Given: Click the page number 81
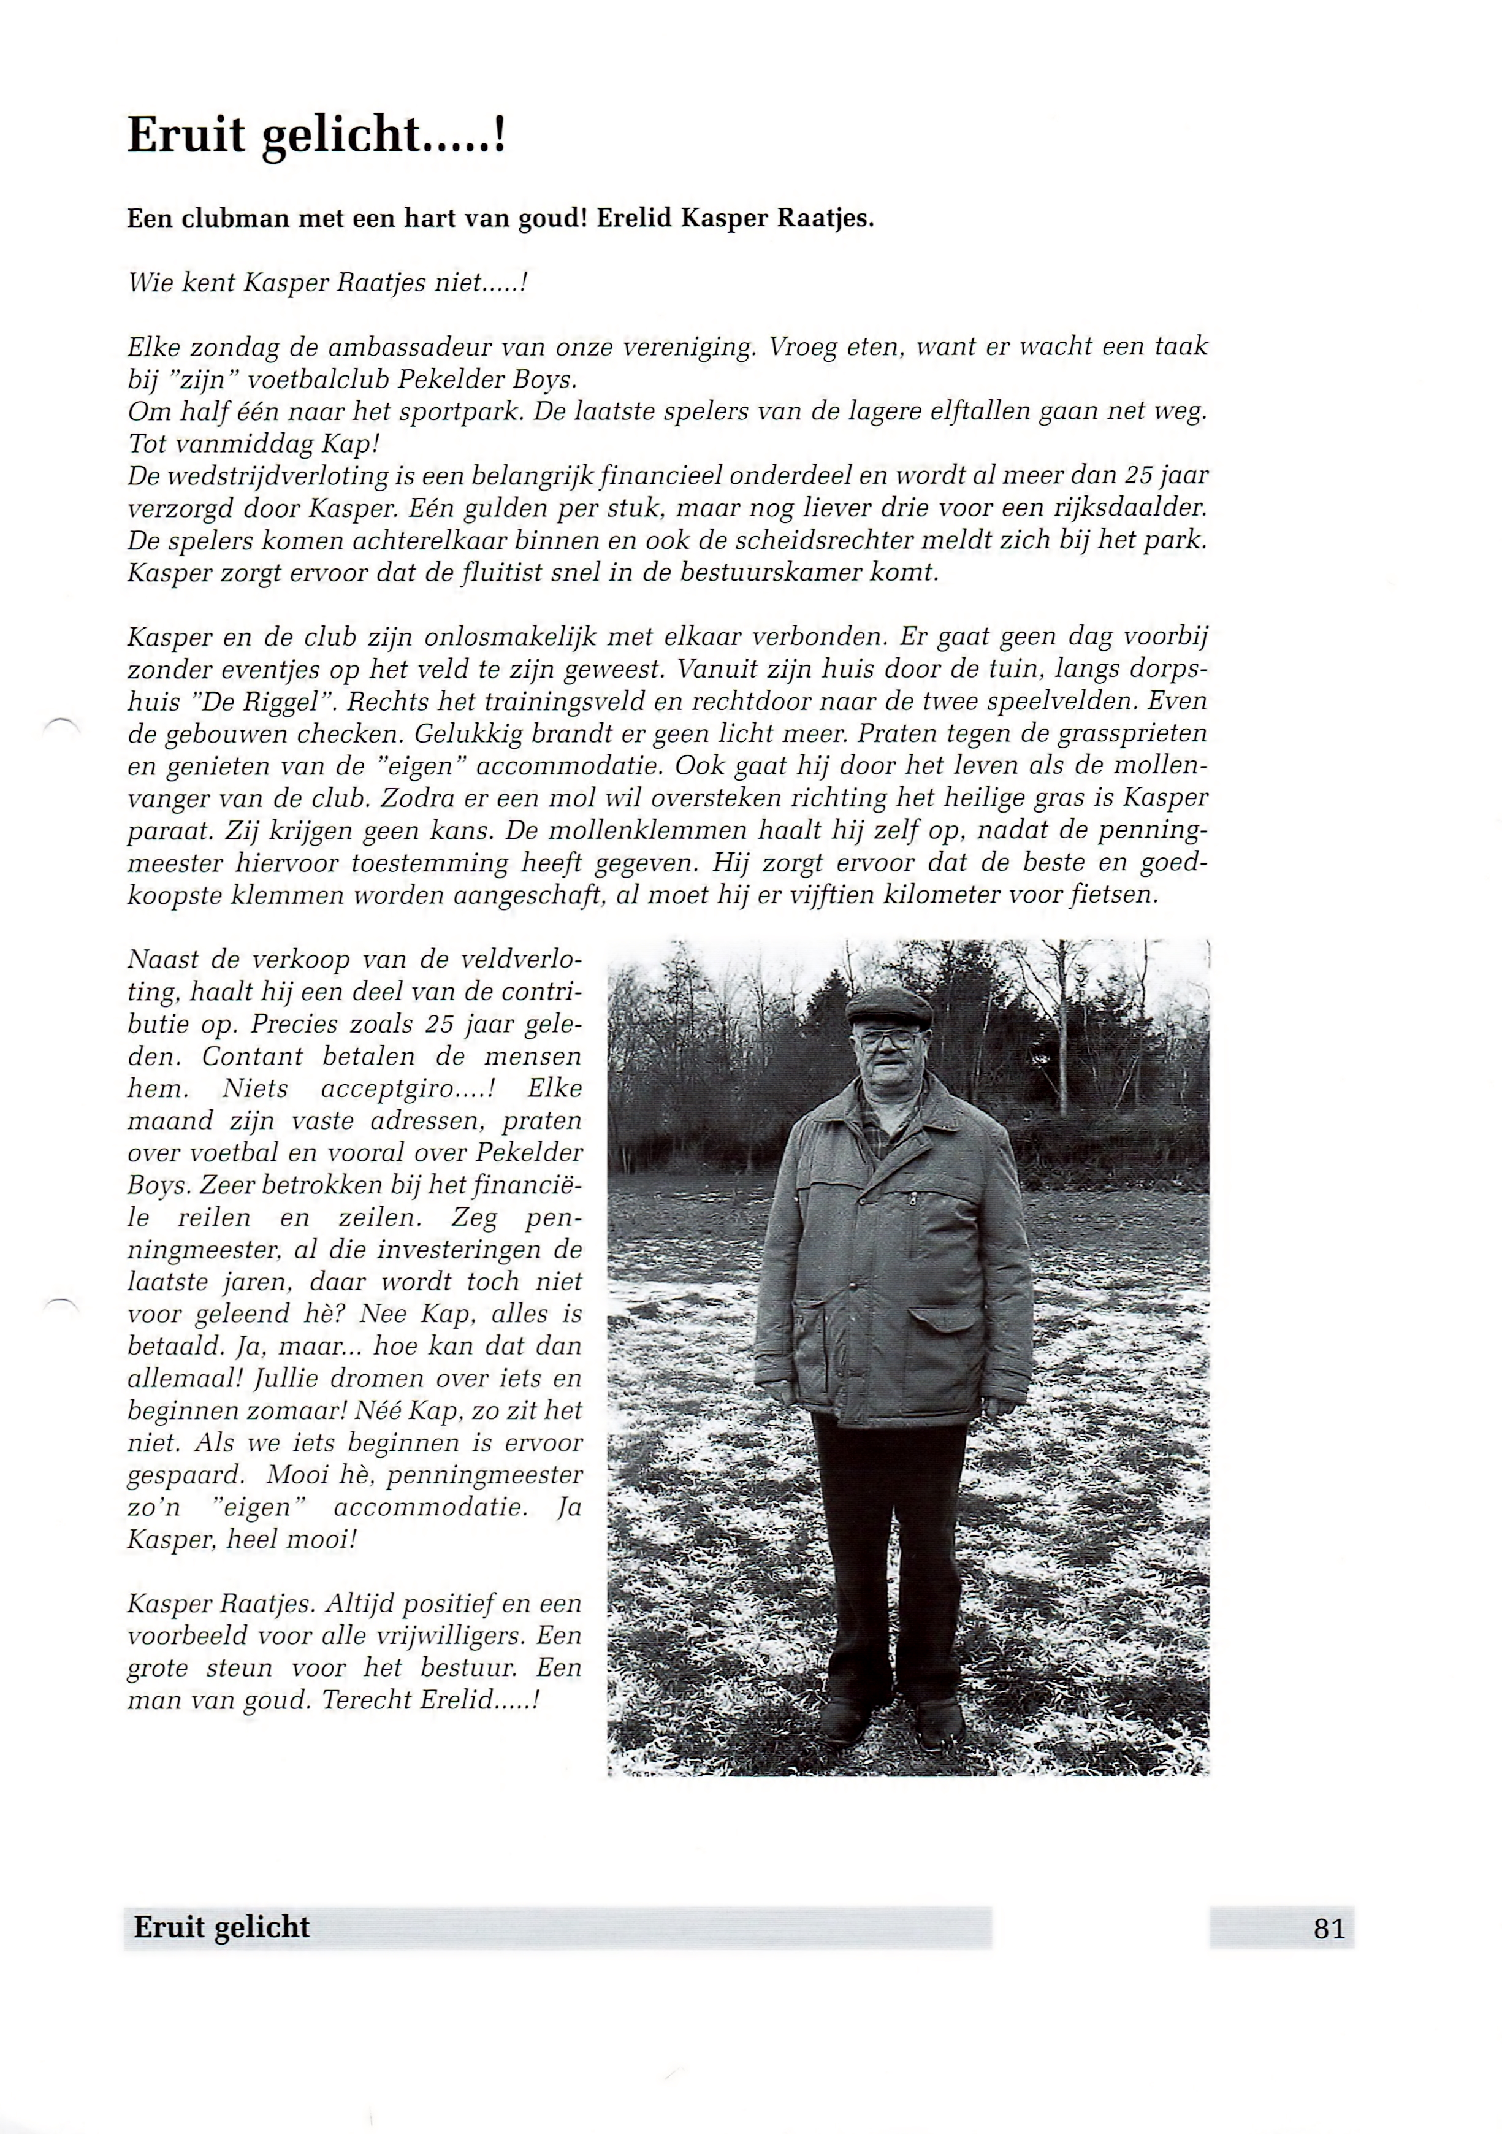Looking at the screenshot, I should pos(1328,1929).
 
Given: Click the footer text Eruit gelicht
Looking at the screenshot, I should pos(221,1927).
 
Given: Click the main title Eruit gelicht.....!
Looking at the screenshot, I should pos(316,136).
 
